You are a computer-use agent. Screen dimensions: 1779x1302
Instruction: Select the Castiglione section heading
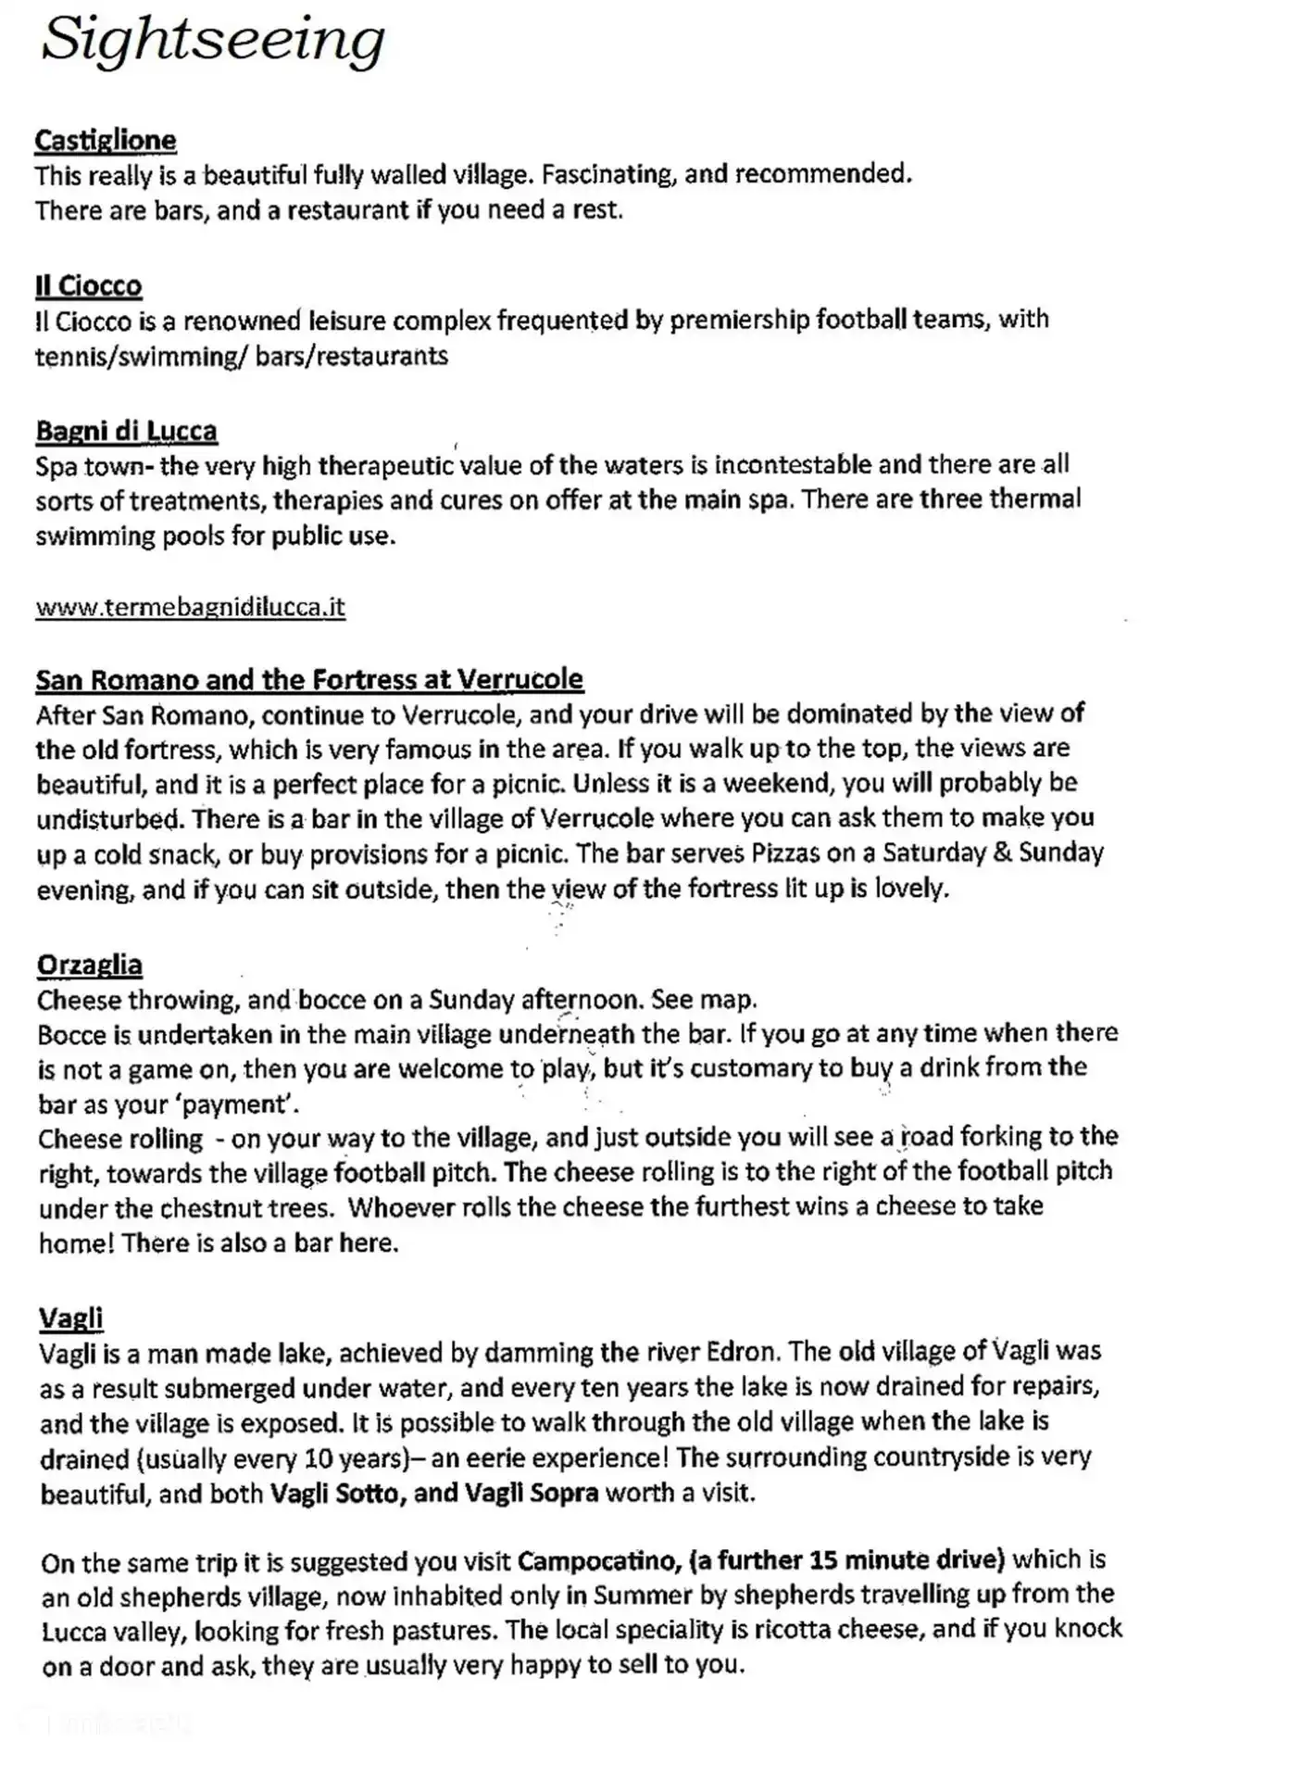(x=106, y=140)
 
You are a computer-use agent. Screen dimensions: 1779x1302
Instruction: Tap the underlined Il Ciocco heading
(x=89, y=285)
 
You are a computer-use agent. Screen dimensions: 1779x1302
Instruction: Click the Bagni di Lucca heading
(x=127, y=431)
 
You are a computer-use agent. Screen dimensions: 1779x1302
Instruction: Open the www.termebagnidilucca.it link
(x=190, y=607)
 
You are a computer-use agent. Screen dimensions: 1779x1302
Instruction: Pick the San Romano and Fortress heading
(x=309, y=679)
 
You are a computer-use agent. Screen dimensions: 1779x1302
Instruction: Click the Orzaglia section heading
(x=90, y=965)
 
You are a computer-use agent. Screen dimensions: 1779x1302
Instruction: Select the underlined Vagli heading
(x=71, y=1317)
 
